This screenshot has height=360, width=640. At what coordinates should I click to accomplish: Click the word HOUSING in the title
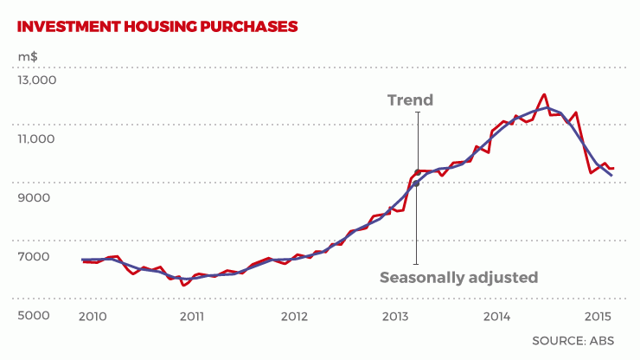click(157, 26)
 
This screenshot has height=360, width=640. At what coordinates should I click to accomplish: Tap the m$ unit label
click(27, 56)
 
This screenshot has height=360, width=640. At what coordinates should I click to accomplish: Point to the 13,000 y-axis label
click(37, 80)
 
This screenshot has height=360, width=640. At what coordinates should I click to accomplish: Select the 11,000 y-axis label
click(37, 139)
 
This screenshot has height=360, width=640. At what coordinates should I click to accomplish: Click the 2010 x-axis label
click(92, 316)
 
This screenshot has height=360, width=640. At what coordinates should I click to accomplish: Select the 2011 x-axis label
click(192, 316)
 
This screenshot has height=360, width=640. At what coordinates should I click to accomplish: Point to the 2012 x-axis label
click(293, 316)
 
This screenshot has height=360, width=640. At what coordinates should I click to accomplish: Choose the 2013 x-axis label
click(394, 316)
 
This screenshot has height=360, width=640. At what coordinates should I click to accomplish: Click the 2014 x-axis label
click(496, 316)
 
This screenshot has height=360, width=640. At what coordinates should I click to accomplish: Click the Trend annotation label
click(410, 100)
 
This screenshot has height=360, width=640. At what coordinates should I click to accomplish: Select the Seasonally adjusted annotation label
click(459, 278)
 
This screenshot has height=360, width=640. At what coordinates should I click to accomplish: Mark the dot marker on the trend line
click(416, 183)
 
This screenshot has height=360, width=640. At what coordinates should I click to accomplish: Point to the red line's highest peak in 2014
click(544, 94)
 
